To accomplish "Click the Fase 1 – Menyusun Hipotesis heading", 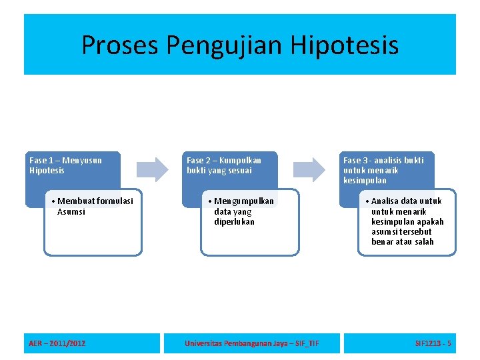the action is click(66, 165).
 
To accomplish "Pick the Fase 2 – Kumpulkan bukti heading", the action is click(224, 165).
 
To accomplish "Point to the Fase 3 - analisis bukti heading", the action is click(383, 170).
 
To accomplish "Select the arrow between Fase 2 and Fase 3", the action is click(310, 169).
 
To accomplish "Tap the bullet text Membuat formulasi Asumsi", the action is click(94, 206).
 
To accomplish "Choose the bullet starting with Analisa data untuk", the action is click(406, 221).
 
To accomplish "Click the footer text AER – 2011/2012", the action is click(57, 343).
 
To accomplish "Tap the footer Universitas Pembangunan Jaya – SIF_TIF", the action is click(251, 343).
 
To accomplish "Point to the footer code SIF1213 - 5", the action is click(433, 343).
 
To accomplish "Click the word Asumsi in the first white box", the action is click(71, 212).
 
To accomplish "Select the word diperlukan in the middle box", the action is click(234, 222).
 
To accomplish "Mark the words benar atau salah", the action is click(402, 241).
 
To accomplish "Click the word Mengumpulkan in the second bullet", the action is click(244, 201).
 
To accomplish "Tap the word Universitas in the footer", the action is click(205, 343).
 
